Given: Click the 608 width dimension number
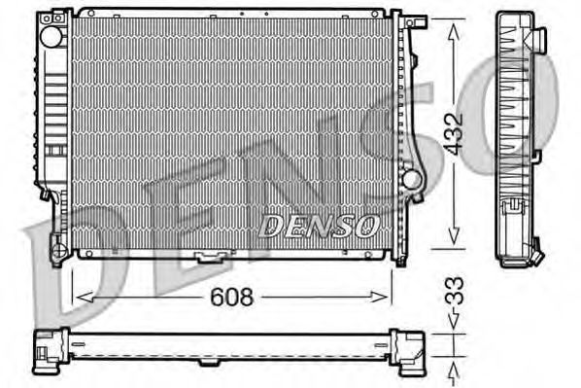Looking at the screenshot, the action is [x=231, y=297].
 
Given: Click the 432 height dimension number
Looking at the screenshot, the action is [x=454, y=134].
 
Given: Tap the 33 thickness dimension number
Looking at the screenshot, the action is [x=455, y=291].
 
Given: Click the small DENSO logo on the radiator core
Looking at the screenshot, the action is [x=320, y=226].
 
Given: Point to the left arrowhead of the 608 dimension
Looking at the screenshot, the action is [x=85, y=298].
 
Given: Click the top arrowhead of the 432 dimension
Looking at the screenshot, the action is [x=454, y=32].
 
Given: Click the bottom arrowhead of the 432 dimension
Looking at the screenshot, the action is [x=454, y=236].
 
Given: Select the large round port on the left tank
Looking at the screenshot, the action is [x=51, y=36].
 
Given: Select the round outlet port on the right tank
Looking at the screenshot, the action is [x=412, y=179].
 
